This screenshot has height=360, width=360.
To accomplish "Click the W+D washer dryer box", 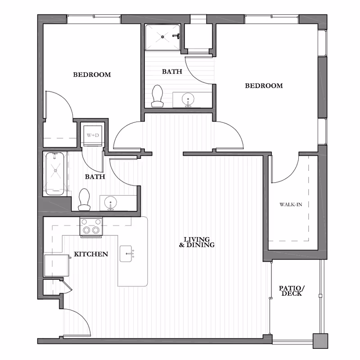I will pyautogui.click(x=93, y=135).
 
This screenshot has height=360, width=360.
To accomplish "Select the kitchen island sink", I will pyautogui.click(x=127, y=254).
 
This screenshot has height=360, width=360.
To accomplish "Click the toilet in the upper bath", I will pyautogui.click(x=157, y=97).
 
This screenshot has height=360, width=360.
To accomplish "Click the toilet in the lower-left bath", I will pyautogui.click(x=84, y=200).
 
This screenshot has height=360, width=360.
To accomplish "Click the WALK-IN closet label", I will pyautogui.click(x=291, y=205).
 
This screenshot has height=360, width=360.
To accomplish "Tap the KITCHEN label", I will pyautogui.click(x=91, y=254).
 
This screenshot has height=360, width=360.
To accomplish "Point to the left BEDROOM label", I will pyautogui.click(x=92, y=75).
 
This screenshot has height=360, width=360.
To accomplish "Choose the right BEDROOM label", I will pyautogui.click(x=264, y=85).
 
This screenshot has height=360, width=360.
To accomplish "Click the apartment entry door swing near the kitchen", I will pyautogui.click(x=76, y=322).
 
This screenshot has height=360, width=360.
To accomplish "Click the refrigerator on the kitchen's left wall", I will pyautogui.click(x=56, y=265).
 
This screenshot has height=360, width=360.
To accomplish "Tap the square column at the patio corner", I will pyautogui.click(x=320, y=341).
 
